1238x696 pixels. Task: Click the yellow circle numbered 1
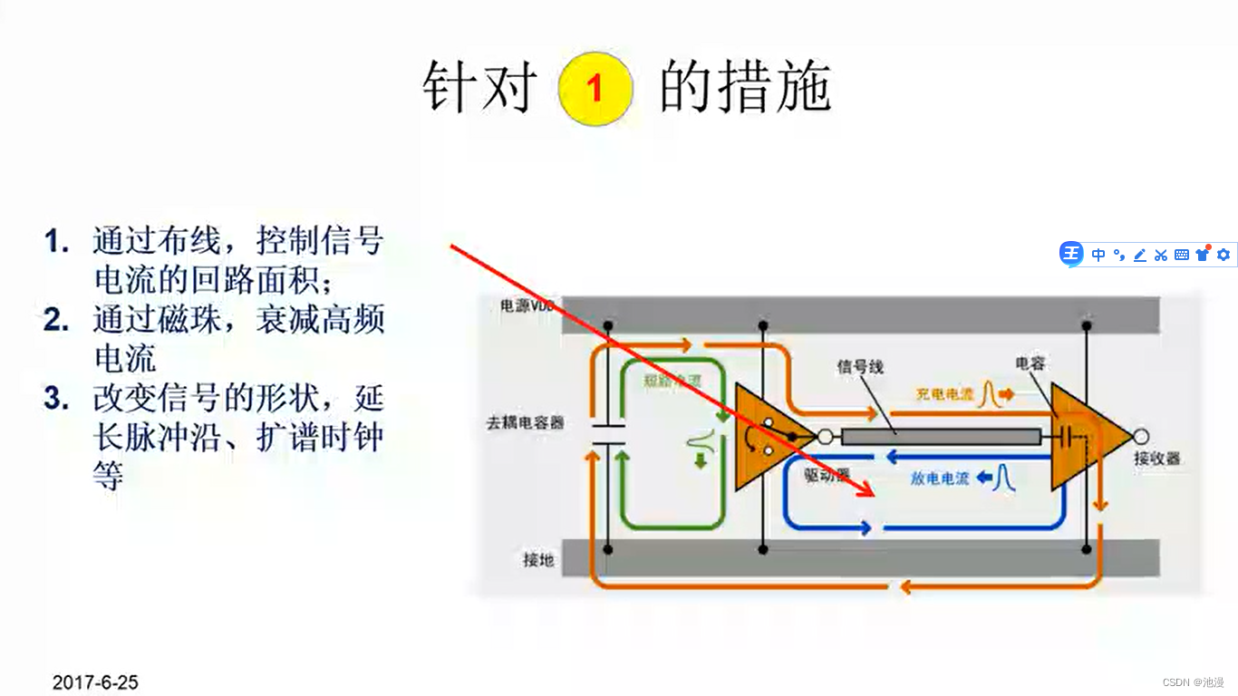(595, 88)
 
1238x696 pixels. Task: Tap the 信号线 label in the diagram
(860, 367)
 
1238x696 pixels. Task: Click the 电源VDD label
(527, 306)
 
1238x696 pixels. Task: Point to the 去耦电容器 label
(526, 422)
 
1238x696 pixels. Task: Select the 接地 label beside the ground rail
(538, 560)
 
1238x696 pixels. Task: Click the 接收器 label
(1157, 459)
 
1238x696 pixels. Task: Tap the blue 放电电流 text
(940, 478)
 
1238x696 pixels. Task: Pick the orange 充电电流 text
(944, 395)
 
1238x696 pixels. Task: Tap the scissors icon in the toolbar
(1160, 255)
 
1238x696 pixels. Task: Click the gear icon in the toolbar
(1223, 255)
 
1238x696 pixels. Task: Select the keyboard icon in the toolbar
(1182, 255)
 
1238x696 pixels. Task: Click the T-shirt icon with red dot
(1203, 254)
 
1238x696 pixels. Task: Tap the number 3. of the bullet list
(56, 399)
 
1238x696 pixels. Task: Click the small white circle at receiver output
(1141, 437)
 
